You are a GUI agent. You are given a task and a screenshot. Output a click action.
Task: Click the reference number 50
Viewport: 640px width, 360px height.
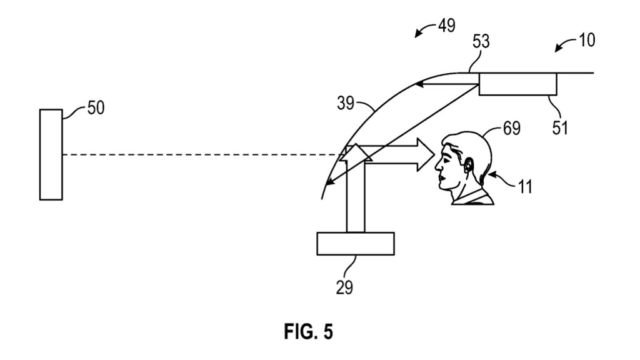pos(96,107)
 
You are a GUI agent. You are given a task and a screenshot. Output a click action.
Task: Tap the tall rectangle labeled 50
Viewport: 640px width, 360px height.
pos(51,155)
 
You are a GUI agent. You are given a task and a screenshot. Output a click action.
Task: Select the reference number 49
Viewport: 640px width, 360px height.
pos(446,26)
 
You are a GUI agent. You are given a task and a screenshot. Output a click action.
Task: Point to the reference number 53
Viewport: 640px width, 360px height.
pos(481,42)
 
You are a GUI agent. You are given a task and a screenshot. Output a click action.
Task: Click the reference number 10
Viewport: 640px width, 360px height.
pos(587,40)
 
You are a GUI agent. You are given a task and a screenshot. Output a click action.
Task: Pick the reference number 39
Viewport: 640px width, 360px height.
pos(345,103)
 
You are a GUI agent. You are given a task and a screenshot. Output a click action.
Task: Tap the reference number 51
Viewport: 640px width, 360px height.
pos(560,127)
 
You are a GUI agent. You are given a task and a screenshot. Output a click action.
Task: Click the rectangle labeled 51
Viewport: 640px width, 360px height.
pos(517,84)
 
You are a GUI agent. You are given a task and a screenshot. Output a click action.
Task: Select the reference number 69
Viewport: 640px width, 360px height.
pos(511,128)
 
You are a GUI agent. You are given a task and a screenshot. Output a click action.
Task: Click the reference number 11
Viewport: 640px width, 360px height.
pos(525,187)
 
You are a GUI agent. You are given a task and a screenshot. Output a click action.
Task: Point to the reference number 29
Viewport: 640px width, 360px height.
pos(344,287)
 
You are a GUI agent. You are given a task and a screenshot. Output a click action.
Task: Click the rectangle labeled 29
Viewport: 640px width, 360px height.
pos(356,244)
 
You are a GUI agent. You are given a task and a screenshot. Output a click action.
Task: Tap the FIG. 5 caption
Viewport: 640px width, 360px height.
pos(309,331)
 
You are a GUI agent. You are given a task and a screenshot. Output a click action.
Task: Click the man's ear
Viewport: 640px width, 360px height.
pos(467,164)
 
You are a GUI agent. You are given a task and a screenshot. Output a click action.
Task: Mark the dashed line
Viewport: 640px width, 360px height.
pos(201,155)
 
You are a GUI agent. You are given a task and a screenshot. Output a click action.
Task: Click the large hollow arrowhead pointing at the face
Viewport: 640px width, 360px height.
pos(425,155)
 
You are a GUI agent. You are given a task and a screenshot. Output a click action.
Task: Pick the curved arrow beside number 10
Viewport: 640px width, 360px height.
pos(565,44)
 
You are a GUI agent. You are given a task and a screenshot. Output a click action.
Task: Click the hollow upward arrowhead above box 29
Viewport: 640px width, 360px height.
pos(356,152)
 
